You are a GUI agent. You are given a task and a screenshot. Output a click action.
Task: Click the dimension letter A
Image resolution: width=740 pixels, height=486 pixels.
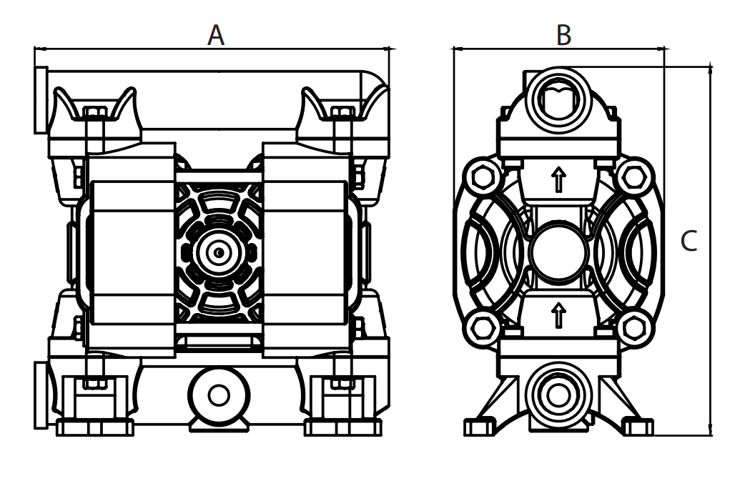coord(216,35)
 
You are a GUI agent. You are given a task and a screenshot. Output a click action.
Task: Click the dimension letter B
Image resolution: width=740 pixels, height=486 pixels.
coord(563,35)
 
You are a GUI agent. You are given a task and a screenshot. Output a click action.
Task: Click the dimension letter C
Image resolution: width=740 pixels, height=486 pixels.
coord(689,241)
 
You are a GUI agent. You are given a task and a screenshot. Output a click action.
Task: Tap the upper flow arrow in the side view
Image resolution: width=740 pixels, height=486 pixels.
coord(558,179)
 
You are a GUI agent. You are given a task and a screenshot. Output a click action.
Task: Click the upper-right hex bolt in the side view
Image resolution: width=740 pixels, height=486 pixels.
coord(633,177)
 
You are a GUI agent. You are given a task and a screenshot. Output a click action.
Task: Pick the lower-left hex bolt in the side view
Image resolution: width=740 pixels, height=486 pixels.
coord(483,328)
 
